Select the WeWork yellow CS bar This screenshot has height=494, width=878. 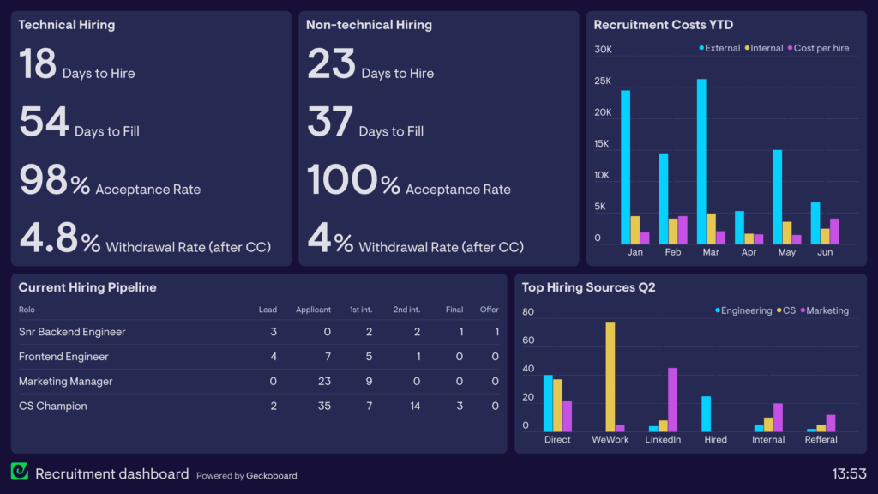610,377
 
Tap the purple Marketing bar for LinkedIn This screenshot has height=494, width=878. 672,400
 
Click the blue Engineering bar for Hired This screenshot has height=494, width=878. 706,413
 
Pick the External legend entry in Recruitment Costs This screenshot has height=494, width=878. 719,49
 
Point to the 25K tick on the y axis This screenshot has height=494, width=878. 603,81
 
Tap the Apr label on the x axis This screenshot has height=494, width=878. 749,252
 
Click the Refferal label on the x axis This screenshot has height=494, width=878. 821,440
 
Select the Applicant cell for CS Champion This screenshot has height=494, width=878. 323,406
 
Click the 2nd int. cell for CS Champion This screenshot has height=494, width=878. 415,406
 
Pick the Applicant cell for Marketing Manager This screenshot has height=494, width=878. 323,381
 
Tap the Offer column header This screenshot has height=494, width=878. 489,310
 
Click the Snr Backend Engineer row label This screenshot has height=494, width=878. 72,332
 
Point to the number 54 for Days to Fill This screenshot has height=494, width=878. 44,123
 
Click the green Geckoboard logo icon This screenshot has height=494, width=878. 19,472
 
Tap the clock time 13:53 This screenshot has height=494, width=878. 849,473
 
